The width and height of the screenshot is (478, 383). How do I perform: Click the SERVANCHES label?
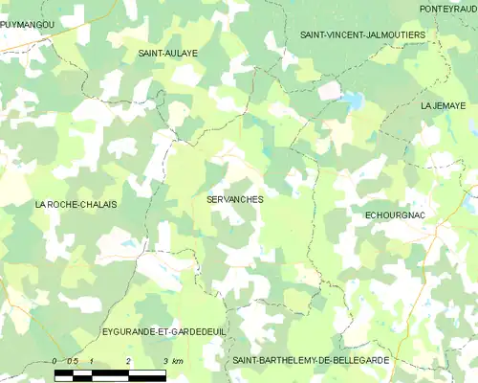[x=234, y=199]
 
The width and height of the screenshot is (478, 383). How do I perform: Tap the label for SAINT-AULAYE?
[x=167, y=54]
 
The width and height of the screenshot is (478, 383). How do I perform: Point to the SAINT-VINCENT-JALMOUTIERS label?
[x=362, y=34]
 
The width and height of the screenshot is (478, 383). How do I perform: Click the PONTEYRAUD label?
[x=448, y=9]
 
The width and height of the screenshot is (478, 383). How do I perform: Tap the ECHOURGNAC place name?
[x=395, y=216]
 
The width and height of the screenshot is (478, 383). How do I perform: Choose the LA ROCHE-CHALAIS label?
[x=76, y=204]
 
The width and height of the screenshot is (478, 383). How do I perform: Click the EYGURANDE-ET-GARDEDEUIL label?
[x=163, y=331]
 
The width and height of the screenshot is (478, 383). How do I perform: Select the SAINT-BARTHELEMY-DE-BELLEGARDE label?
[x=324, y=359]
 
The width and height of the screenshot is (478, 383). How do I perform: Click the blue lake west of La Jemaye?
[x=352, y=99]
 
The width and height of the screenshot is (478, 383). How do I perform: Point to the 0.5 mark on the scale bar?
[x=72, y=361]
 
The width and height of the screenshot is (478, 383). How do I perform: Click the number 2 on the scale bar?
[x=128, y=361]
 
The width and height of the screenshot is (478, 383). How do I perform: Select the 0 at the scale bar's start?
[x=55, y=361]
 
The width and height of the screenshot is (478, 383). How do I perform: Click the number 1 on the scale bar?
[x=91, y=361]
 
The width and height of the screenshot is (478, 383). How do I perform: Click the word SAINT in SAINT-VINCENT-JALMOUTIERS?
[x=315, y=34]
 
